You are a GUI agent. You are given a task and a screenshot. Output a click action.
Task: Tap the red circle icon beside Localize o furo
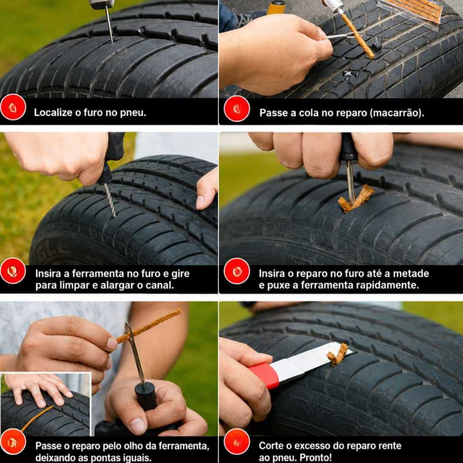13,107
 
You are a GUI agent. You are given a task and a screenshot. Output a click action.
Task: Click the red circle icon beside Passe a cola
236,109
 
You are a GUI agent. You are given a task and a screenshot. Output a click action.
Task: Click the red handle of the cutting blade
264,375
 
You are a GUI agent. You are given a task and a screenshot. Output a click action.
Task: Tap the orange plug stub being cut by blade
337,354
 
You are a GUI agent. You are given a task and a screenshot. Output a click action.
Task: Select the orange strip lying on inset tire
37,418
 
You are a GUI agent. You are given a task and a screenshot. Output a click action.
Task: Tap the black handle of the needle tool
145,396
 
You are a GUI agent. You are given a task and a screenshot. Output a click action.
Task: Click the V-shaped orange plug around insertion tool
356,198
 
